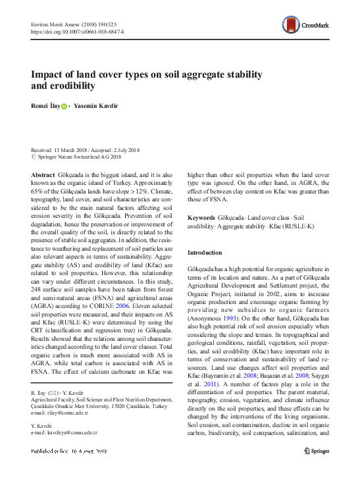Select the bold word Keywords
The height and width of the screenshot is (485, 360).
[x=202, y=217]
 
